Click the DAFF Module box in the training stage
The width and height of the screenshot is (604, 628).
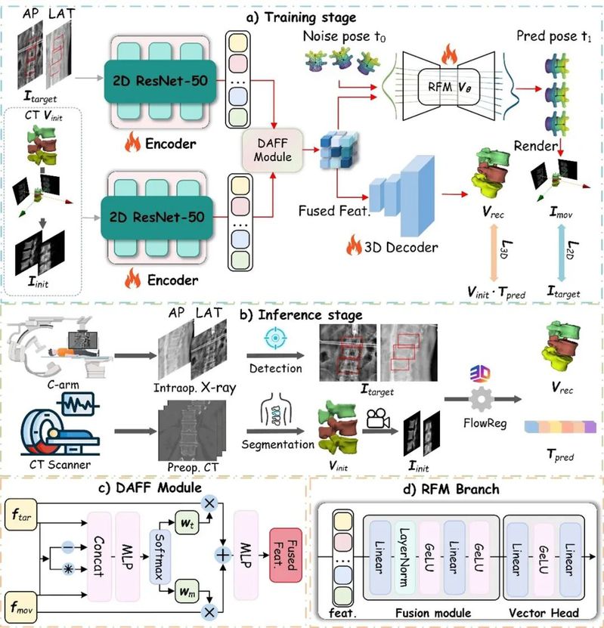[272, 150]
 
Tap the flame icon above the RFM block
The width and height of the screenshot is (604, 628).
[449, 54]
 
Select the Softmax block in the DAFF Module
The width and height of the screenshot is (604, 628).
[160, 556]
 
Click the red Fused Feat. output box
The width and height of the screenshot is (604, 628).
[286, 555]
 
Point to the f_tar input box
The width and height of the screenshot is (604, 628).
[21, 515]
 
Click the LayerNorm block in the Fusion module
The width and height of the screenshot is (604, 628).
[404, 557]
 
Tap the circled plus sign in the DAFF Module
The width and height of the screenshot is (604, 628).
[223, 555]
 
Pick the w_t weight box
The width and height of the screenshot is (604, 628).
[187, 523]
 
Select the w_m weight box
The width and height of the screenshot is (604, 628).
[187, 591]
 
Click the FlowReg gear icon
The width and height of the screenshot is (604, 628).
[481, 399]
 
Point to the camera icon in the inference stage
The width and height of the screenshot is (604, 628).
[378, 418]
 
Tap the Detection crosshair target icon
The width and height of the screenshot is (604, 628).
[275, 338]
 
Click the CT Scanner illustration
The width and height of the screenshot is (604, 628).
[60, 425]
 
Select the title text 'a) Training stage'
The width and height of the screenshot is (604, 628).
[301, 17]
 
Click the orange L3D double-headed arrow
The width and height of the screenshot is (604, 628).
[494, 252]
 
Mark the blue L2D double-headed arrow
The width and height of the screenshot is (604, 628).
[561, 252]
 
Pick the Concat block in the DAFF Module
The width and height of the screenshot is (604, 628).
[99, 556]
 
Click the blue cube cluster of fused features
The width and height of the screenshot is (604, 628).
[339, 149]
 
